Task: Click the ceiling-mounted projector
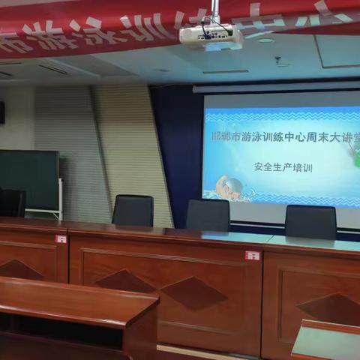[211, 35]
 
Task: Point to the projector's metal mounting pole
[214, 10]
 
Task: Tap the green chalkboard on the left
[29, 179]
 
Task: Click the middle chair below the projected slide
[208, 214]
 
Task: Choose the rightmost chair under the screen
[310, 221]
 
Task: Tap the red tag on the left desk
[61, 239]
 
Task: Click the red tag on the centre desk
[252, 256]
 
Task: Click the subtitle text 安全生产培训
[282, 168]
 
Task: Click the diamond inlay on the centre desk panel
[193, 293]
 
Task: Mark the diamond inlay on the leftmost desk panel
[19, 270]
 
